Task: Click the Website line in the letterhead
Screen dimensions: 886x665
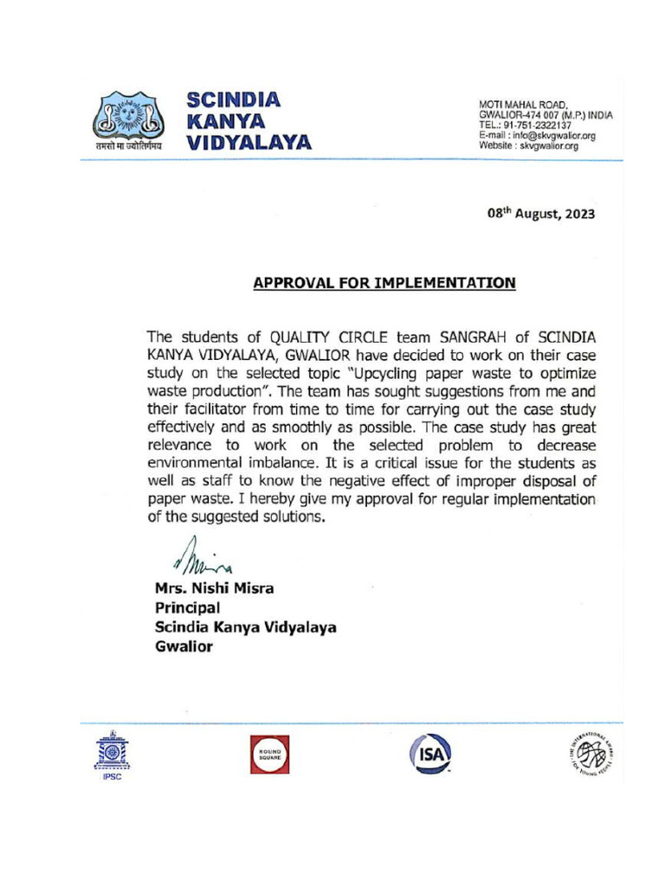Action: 528,146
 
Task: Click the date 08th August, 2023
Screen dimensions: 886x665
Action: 540,215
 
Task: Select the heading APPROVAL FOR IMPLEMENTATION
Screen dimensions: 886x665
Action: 384,283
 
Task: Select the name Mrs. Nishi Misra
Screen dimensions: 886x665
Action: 215,589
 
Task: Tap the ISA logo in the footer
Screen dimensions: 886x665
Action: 429,752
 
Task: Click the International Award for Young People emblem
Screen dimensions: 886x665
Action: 591,751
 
